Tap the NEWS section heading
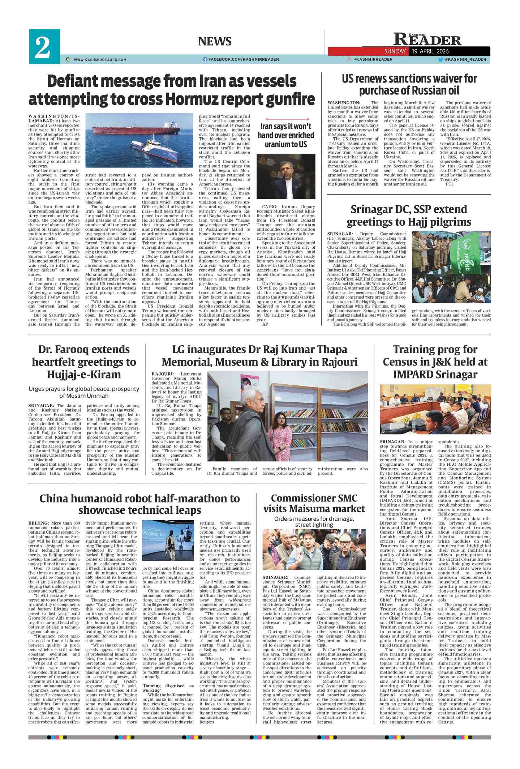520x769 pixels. [x=215, y=42]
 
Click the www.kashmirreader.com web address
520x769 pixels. [x=100, y=60]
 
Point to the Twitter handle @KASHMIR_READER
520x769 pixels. [x=465, y=59]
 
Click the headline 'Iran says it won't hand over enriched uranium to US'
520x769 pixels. [x=285, y=135]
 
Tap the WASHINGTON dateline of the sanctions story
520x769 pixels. [x=344, y=103]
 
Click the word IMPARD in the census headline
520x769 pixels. [x=415, y=374]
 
